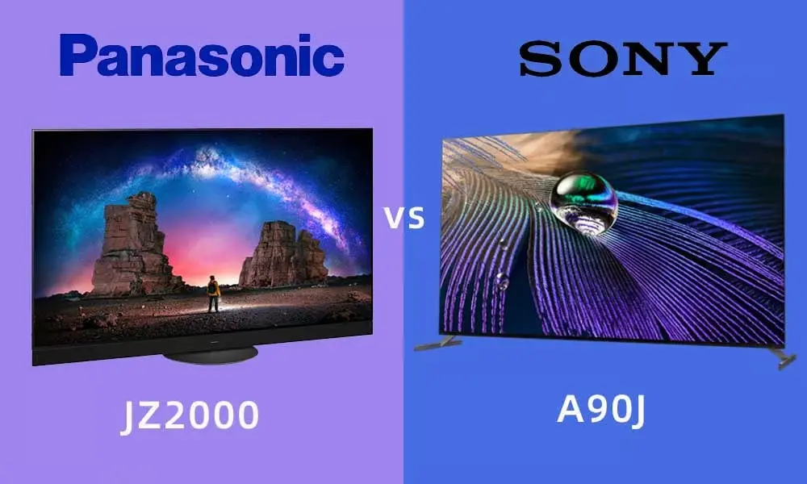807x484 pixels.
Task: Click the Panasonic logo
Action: coord(202,56)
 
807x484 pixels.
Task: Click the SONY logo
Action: coord(623,59)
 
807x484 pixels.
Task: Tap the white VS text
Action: coord(406,218)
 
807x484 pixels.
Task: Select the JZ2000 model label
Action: coord(190,415)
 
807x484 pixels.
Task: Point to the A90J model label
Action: coord(601,411)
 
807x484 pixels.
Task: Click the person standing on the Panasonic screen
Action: coord(213,294)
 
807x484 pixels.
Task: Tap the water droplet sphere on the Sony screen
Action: coord(583,202)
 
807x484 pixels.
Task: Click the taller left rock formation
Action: coord(135,244)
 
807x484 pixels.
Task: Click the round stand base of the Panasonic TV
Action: coord(210,354)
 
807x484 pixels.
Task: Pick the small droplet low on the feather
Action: coord(501,281)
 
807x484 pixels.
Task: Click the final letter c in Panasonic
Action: coord(331,60)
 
